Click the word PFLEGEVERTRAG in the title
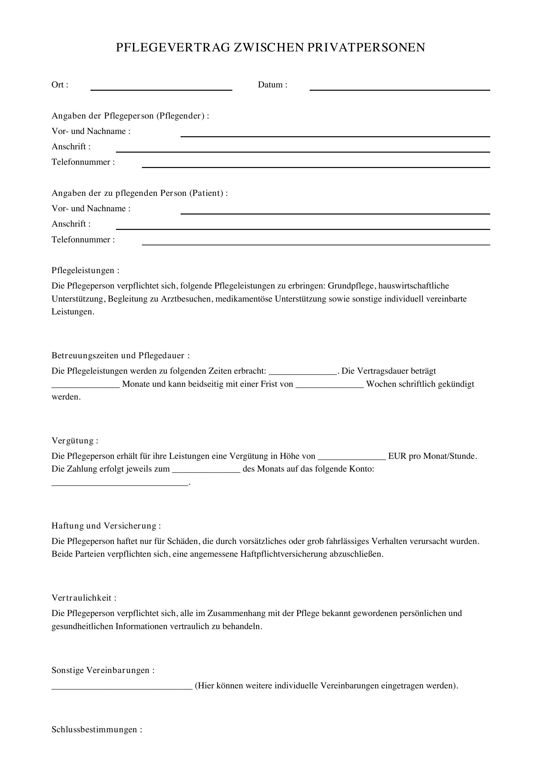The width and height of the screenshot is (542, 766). click(173, 48)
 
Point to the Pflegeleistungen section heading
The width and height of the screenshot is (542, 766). click(85, 270)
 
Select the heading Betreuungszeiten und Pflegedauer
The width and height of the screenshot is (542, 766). click(121, 356)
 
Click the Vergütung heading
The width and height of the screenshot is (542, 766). click(75, 441)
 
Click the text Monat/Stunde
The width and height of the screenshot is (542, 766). click(450, 457)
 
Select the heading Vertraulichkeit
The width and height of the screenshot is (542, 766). click(84, 598)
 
